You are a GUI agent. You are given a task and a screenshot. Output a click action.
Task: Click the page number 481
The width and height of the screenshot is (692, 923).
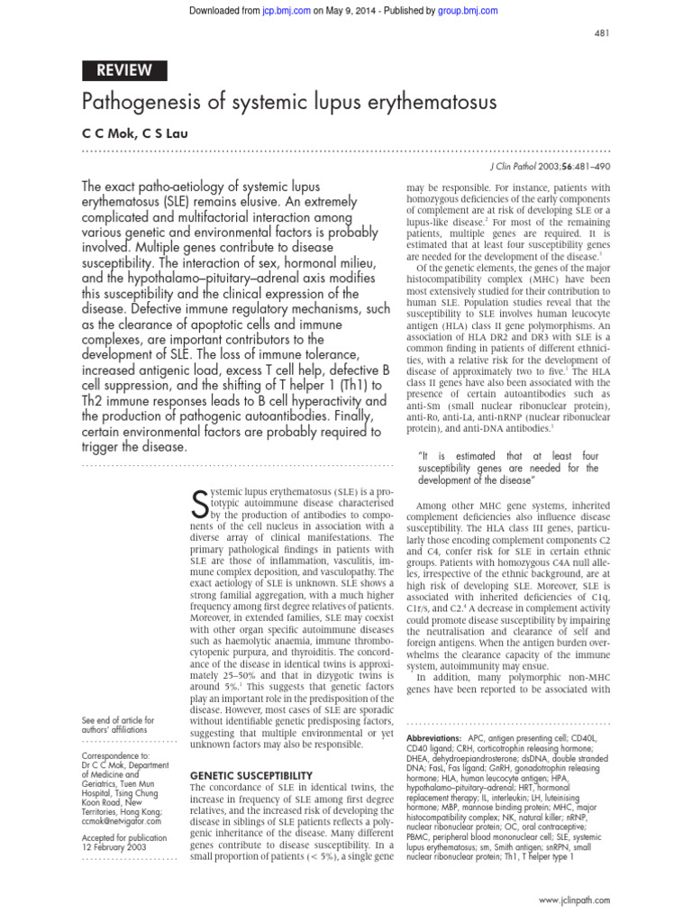pos(602,33)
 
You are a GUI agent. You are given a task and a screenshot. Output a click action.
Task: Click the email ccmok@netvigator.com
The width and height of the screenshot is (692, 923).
pos(122,821)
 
